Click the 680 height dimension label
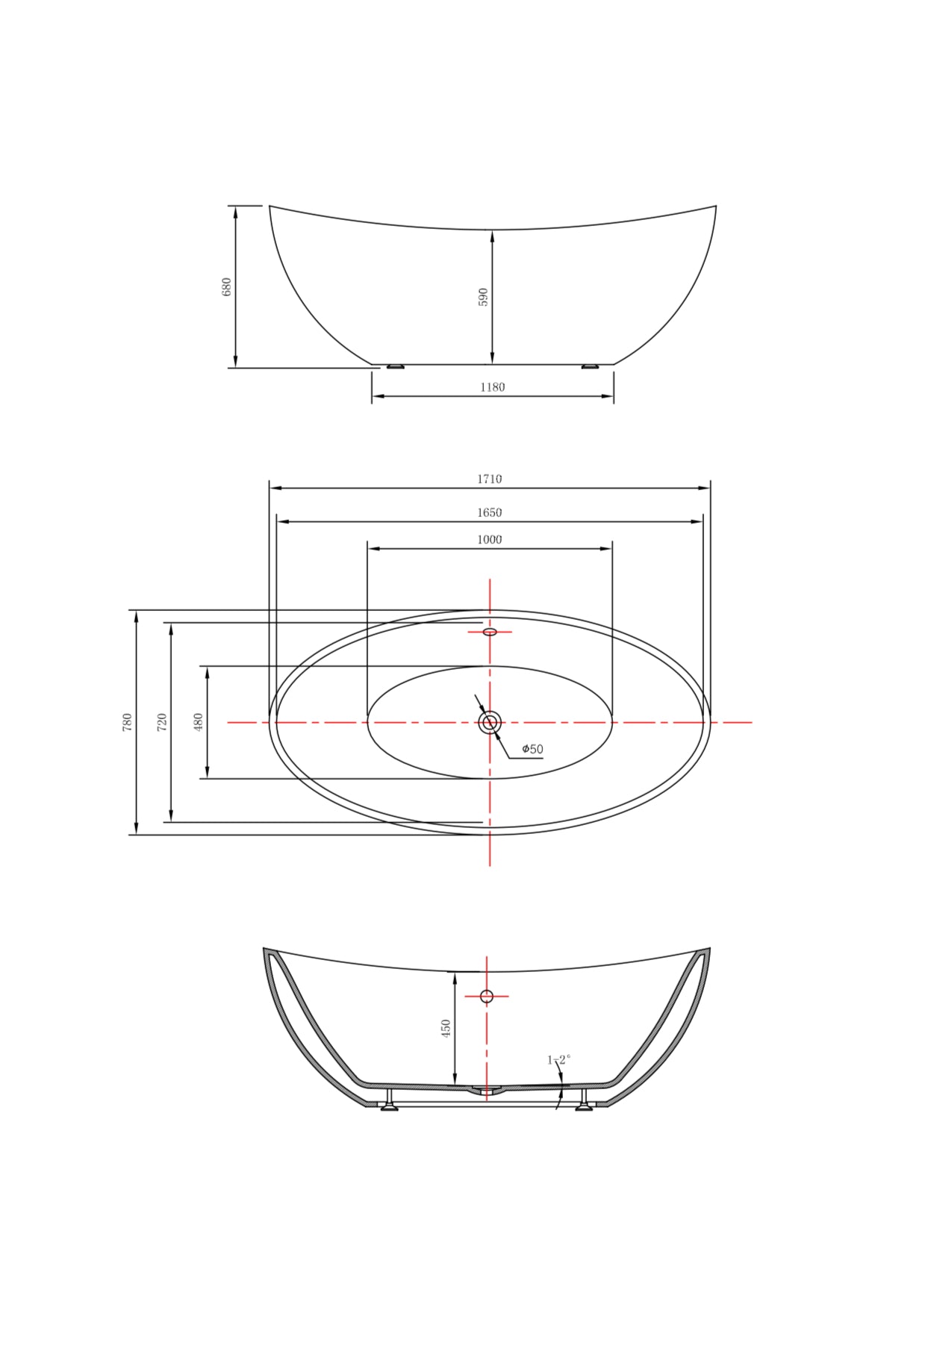tap(227, 287)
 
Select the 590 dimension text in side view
tap(483, 297)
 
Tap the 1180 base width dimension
tap(493, 387)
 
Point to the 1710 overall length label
tap(490, 479)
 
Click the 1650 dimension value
tap(490, 512)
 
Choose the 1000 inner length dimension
tap(490, 539)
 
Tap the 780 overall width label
tap(128, 722)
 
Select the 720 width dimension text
tap(162, 722)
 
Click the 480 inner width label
tap(199, 722)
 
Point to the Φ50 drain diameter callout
tap(532, 749)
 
